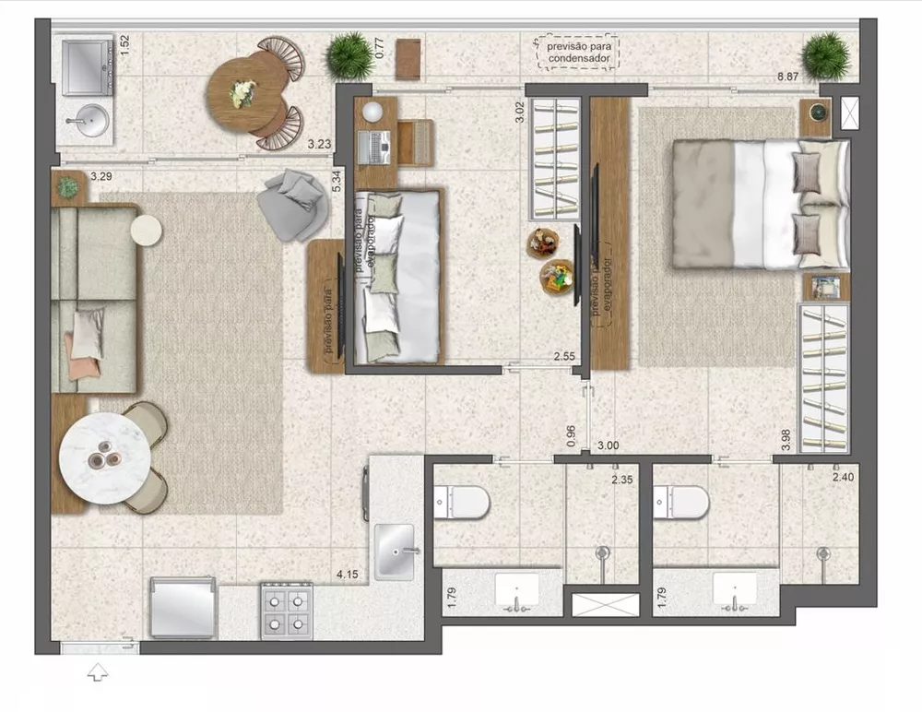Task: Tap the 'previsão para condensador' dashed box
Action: click(x=577, y=52)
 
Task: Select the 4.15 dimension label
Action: click(x=348, y=575)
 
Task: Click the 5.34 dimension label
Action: click(x=337, y=181)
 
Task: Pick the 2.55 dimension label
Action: click(x=565, y=356)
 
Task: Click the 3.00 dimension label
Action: click(x=608, y=445)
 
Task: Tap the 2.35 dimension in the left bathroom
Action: click(x=624, y=479)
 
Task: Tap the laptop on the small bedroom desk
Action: click(x=379, y=144)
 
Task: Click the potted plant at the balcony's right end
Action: click(x=825, y=55)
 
